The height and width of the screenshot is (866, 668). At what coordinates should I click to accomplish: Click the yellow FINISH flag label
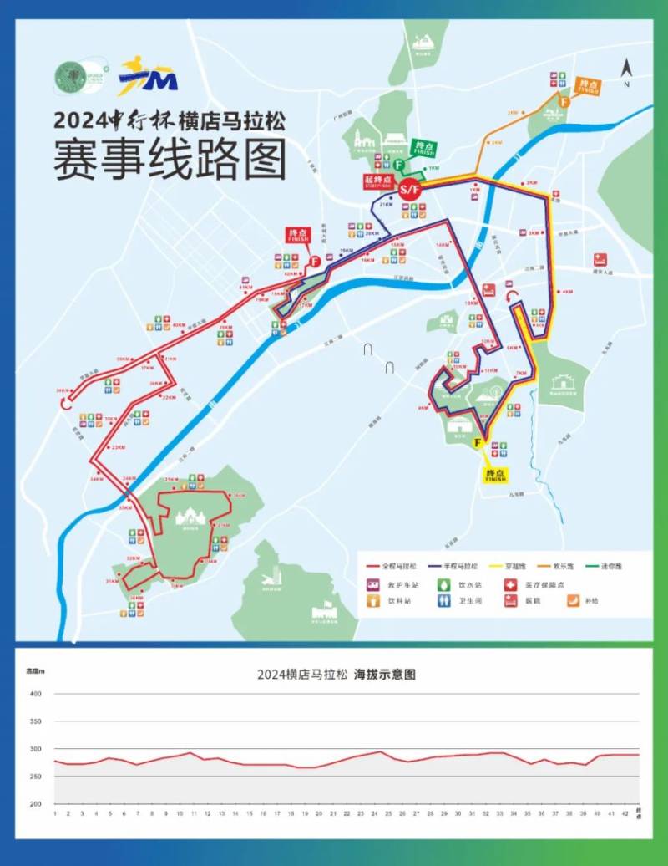pyautogui.click(x=495, y=476)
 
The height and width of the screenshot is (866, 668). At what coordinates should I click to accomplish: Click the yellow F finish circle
pyautogui.click(x=478, y=442)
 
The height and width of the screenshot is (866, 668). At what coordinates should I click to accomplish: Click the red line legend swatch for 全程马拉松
pyautogui.click(x=370, y=566)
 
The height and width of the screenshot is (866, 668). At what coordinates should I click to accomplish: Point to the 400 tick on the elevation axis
pyautogui.click(x=36, y=694)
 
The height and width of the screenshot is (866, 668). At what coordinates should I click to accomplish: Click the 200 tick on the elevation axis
pyautogui.click(x=36, y=804)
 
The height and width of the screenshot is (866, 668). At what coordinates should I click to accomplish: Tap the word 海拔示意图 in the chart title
pyautogui.click(x=385, y=674)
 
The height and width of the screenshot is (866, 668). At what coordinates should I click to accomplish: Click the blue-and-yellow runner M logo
pyautogui.click(x=148, y=77)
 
